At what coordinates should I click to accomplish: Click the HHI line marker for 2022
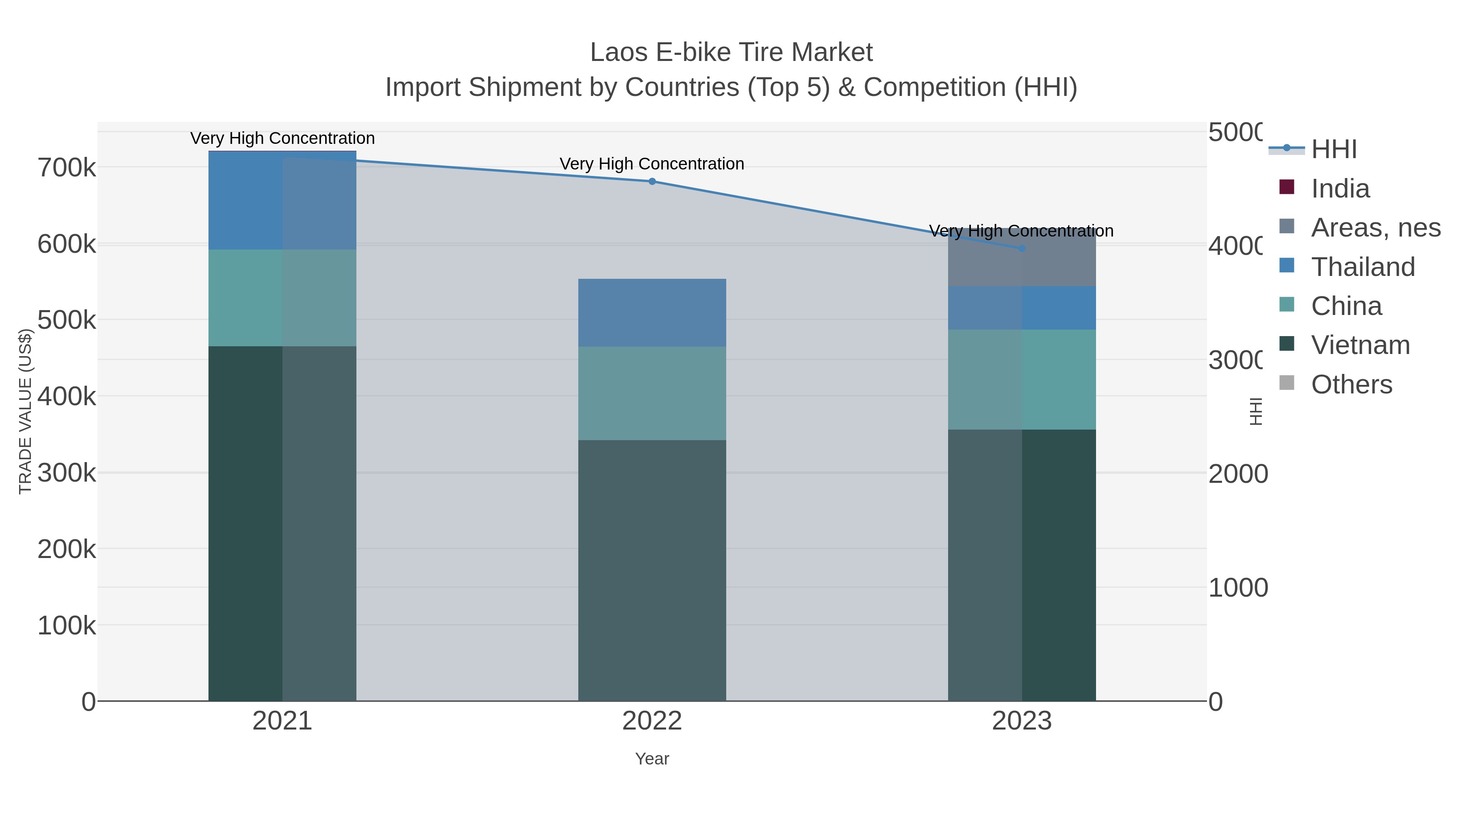[652, 182]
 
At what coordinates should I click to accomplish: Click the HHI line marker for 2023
[1022, 249]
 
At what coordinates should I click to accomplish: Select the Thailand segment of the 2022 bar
[652, 313]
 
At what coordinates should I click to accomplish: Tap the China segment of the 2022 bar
[652, 393]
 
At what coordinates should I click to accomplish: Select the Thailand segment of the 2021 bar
[282, 200]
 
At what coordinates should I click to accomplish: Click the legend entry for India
[1340, 189]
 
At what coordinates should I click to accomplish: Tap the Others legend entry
[1351, 384]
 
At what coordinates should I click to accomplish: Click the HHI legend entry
[1333, 150]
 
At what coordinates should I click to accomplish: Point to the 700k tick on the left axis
[67, 168]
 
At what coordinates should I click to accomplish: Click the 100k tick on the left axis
[67, 626]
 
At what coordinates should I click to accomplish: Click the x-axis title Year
[652, 759]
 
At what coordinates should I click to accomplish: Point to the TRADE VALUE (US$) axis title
[26, 411]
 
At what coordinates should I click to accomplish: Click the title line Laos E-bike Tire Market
[731, 52]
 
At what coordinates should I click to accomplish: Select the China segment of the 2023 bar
[1022, 380]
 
